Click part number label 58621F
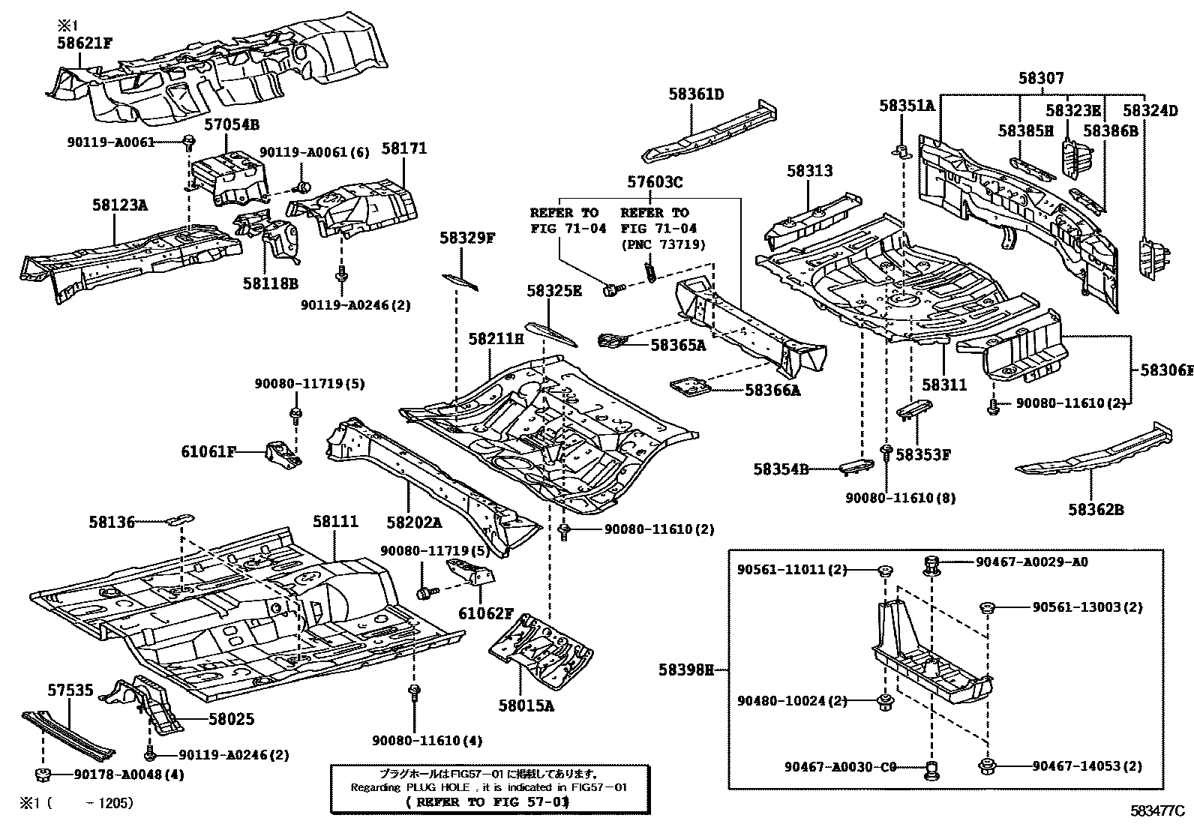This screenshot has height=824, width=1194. (84, 43)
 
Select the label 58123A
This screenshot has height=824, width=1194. (120, 203)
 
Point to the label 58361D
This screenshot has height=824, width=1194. (696, 94)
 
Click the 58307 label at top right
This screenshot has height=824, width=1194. (1040, 78)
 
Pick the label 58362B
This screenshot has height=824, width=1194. (1096, 510)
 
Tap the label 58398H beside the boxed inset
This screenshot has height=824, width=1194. (686, 670)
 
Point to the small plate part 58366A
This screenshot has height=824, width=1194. (691, 387)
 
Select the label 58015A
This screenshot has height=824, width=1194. (526, 705)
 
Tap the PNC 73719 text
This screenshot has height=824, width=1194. (662, 244)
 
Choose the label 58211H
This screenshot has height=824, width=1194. (496, 339)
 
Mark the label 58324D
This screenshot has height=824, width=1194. (1150, 110)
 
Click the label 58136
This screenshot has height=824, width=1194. (112, 521)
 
